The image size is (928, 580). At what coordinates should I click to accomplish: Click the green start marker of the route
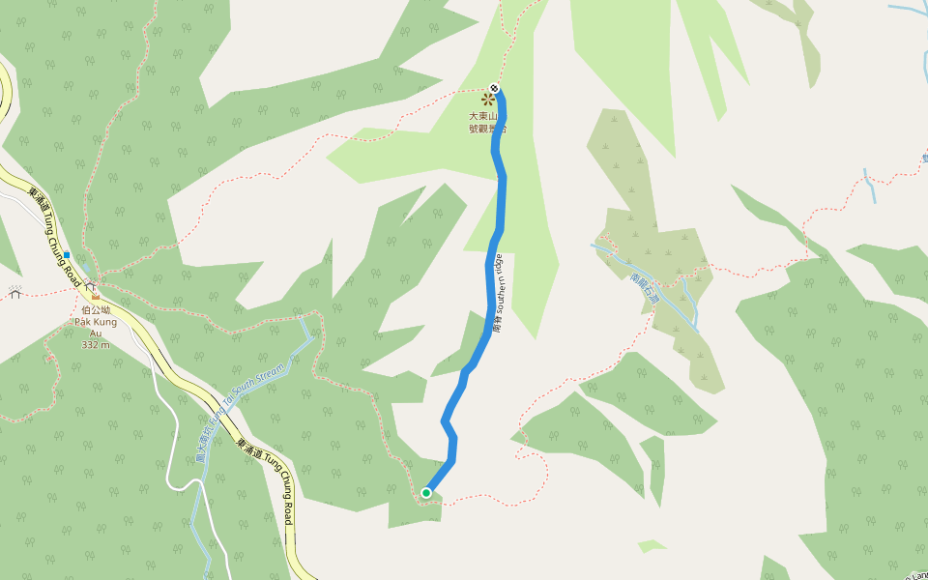point(426,493)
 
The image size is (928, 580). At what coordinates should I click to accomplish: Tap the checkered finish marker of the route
point(495,89)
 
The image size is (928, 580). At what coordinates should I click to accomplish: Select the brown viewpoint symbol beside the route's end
point(487,99)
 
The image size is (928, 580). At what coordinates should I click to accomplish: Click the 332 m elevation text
point(95,344)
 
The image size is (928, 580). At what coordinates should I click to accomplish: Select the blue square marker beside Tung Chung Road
point(67,255)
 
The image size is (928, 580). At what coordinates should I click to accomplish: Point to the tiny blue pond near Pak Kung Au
point(85,268)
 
